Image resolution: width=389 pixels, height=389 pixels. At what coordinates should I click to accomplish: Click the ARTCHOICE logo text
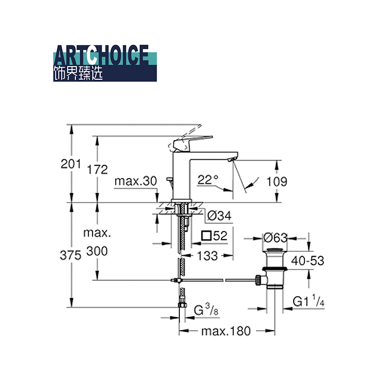pos(101,55)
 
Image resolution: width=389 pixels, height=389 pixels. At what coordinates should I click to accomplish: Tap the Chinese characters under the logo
pos(78,73)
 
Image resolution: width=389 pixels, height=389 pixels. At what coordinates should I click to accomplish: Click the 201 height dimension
pos(71,164)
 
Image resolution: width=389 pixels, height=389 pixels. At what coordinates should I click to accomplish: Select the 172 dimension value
pos(98,170)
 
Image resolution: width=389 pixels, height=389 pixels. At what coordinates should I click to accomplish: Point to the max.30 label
pos(136,181)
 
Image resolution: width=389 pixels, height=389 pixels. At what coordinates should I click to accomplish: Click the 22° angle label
pos(208,179)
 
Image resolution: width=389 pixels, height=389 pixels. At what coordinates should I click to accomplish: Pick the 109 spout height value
pos(277,182)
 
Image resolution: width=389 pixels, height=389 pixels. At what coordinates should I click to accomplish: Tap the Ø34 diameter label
pos(219,215)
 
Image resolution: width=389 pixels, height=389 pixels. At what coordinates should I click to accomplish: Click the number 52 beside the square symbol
pos(220,236)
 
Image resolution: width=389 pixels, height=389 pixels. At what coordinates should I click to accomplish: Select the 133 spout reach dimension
pos(208,256)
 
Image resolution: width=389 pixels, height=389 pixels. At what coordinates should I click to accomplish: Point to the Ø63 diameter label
pos(275,238)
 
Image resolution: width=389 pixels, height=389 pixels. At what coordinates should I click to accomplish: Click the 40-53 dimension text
pos(308,261)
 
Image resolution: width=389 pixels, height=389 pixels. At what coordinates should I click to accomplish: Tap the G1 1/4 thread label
pos(308,301)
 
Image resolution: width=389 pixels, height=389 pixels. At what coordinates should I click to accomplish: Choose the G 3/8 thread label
pos(206,310)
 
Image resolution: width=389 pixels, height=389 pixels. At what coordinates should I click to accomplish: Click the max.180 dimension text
pos(226,331)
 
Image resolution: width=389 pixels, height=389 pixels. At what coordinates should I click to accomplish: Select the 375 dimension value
pos(71,255)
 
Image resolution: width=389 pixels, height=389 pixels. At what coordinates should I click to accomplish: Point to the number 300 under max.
pos(97,251)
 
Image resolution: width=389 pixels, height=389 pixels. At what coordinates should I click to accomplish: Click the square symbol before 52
pos(206,236)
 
